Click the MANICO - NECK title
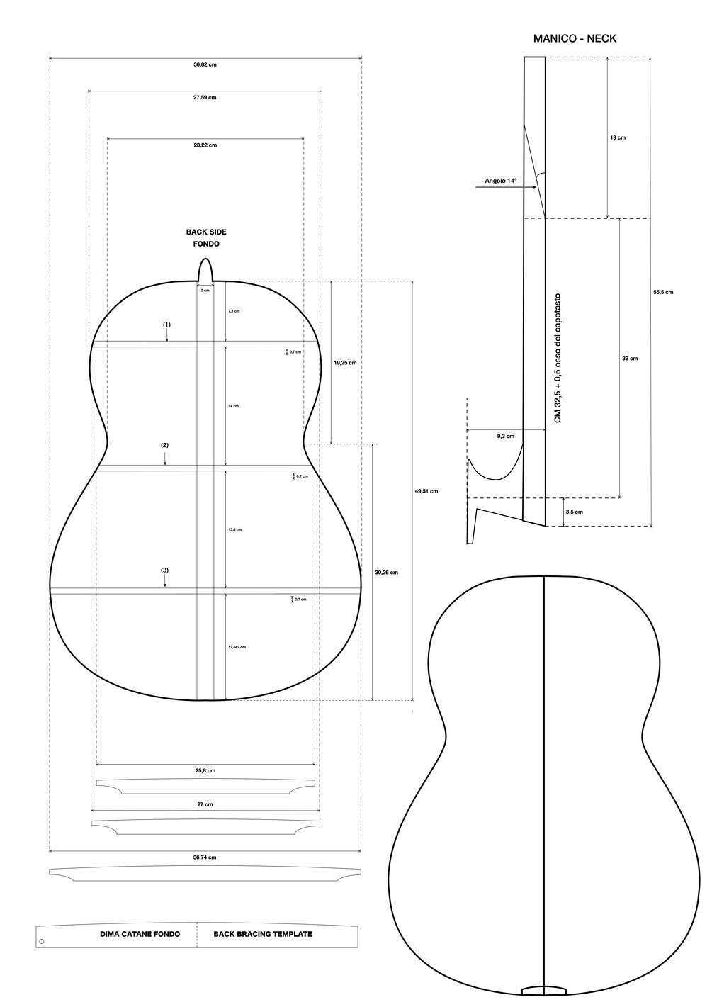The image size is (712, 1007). point(575,39)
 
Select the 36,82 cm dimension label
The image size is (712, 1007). point(205,64)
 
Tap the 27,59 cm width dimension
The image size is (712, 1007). point(205,97)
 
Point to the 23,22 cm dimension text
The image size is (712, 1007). point(205,145)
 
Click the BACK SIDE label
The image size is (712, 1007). point(206,232)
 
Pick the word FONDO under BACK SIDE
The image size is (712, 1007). point(206,244)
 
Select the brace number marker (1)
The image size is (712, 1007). point(167,325)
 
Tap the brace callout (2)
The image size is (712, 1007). point(164,445)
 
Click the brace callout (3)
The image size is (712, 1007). point(164,570)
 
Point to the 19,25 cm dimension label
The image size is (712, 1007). point(344,362)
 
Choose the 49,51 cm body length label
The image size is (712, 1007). point(426,490)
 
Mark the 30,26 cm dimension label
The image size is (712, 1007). point(386,572)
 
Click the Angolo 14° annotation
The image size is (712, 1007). point(501,181)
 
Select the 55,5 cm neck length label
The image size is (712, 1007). point(663,291)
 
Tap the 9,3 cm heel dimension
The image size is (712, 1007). point(506,437)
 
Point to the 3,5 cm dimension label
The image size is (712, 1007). point(575,512)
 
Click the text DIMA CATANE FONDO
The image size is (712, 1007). point(140,934)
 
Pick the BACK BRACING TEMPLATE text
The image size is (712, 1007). point(262,934)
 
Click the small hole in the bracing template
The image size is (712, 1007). point(42,942)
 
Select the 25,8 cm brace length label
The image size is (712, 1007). point(205,770)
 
